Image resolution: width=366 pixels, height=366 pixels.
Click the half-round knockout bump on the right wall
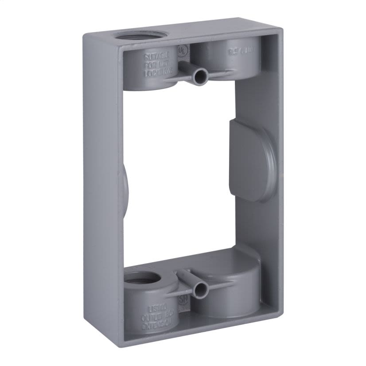point(253,160)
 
